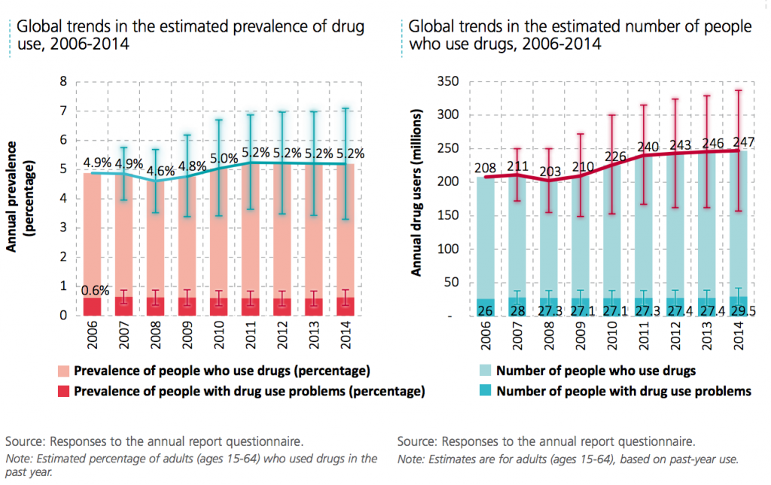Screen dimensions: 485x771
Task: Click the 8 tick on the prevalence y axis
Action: click(63, 81)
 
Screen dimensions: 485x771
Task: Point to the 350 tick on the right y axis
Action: click(439, 81)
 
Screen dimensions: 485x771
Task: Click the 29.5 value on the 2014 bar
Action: click(739, 310)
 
